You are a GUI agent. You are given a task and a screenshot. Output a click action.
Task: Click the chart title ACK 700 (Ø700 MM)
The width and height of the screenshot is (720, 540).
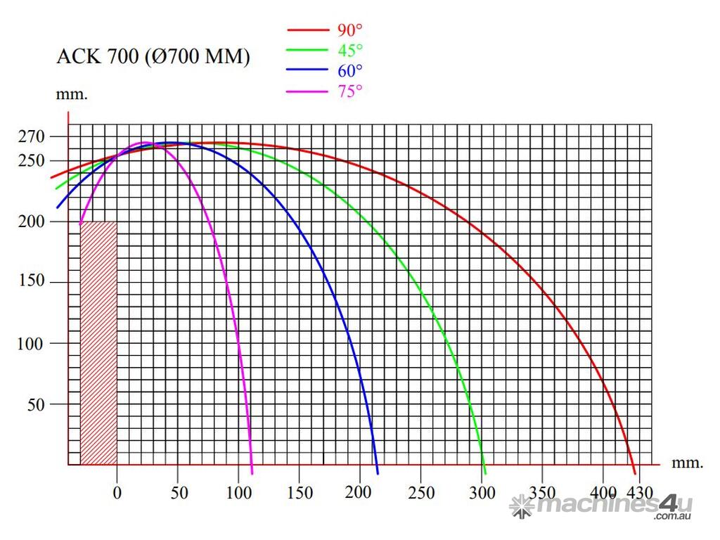click(153, 58)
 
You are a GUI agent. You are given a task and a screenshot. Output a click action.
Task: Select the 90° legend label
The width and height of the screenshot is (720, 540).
click(349, 30)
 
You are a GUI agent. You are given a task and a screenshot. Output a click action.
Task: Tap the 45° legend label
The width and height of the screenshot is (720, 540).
click(349, 50)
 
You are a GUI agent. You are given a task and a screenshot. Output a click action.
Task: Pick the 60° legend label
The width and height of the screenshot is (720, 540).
click(349, 70)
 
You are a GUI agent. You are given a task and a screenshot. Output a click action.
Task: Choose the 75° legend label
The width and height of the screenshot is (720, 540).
click(349, 91)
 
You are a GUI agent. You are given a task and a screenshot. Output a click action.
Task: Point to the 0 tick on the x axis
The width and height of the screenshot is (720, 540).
click(117, 493)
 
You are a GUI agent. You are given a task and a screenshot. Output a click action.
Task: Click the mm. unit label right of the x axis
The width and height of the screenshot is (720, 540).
click(687, 463)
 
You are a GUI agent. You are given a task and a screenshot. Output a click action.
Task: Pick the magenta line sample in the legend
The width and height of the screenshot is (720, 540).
click(307, 91)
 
